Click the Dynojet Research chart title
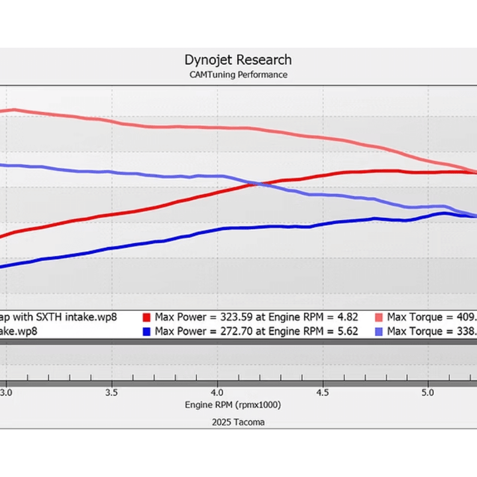click(x=238, y=60)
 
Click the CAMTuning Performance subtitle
click(x=238, y=75)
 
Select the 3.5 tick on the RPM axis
click(x=111, y=392)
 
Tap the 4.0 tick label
click(x=217, y=392)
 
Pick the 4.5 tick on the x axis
click(x=322, y=392)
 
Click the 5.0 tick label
click(x=427, y=392)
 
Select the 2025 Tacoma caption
click(x=238, y=422)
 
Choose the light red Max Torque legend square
click(x=380, y=317)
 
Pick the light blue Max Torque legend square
click(x=380, y=331)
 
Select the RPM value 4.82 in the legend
click(x=346, y=317)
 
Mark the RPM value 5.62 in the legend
click(x=346, y=331)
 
